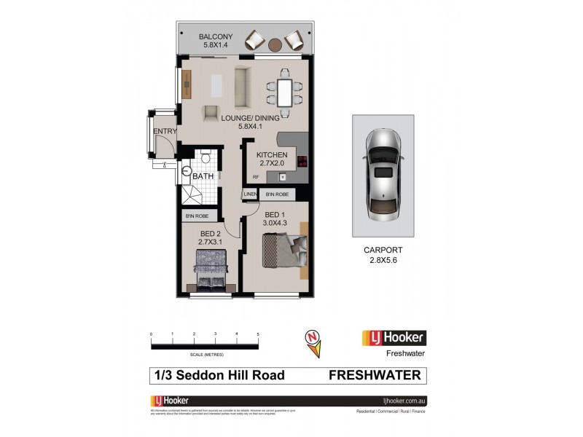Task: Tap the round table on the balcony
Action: pos(275,44)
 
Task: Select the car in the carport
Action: pos(383,176)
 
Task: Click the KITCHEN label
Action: pos(271,155)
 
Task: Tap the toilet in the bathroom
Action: pos(206,159)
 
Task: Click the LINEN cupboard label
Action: pos(250,194)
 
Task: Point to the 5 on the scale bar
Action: pos(258,334)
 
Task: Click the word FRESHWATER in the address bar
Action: pos(375,376)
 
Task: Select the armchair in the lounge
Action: pos(211,113)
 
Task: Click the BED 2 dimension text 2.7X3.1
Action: pos(210,241)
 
